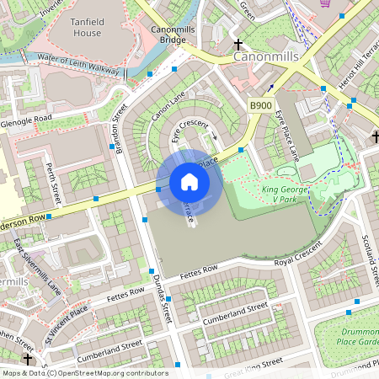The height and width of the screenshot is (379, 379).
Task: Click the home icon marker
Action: coord(189,182)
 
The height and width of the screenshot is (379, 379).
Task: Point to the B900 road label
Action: coord(259,105)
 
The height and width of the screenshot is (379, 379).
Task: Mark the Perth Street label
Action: coord(53,183)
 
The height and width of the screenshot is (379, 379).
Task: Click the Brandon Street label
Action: coord(118,130)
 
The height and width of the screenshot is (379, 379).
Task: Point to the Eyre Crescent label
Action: coord(189,125)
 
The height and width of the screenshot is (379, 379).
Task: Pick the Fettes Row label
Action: coord(198,270)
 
